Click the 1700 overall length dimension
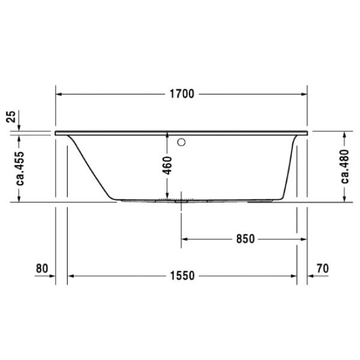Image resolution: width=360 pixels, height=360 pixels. (181, 94)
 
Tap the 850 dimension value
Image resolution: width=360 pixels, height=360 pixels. (245, 239)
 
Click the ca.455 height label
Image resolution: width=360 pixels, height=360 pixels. (20, 168)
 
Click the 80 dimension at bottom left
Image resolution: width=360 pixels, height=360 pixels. (41, 268)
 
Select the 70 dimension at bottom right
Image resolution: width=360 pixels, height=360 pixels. (322, 268)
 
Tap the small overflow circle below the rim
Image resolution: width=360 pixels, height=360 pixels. (181, 143)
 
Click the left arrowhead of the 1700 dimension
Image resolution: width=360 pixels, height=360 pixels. (59, 94)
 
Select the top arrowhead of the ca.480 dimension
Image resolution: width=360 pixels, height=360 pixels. (345, 133)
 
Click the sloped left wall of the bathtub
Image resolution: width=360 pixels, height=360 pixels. (90, 165)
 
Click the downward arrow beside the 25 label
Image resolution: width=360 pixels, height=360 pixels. (20, 127)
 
